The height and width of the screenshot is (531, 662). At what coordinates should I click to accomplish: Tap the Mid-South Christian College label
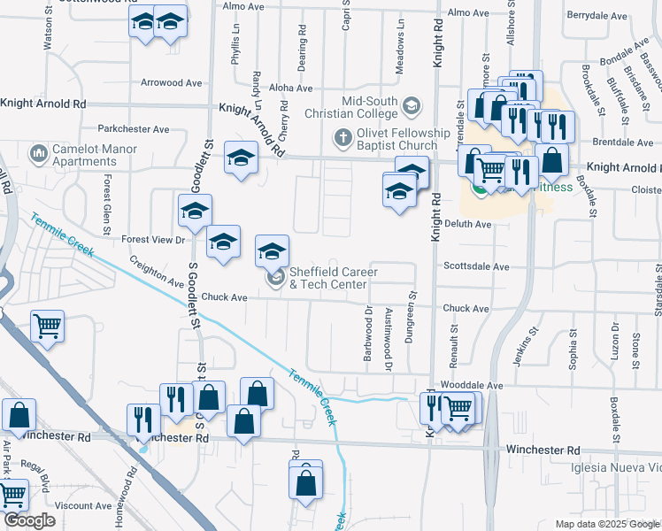pyautogui.click(x=353, y=107)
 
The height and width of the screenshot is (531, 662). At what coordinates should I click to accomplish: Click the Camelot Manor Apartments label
pyautogui.click(x=95, y=156)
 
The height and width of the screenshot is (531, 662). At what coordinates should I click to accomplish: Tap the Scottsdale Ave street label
pyautogui.click(x=476, y=266)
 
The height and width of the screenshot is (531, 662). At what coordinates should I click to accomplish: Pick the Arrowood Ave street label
pyautogui.click(x=172, y=82)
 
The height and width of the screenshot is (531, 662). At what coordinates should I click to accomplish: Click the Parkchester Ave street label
pyautogui.click(x=134, y=129)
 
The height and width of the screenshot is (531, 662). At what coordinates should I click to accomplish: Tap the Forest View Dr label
pyautogui.click(x=152, y=239)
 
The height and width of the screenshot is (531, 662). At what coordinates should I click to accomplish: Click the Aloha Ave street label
pyautogui.click(x=291, y=88)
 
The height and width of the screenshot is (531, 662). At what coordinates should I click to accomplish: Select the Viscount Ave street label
pyautogui.click(x=82, y=506)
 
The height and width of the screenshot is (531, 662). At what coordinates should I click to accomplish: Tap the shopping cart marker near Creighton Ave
pyautogui.click(x=48, y=325)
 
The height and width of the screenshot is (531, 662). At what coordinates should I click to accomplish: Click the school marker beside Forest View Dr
pyautogui.click(x=196, y=211)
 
